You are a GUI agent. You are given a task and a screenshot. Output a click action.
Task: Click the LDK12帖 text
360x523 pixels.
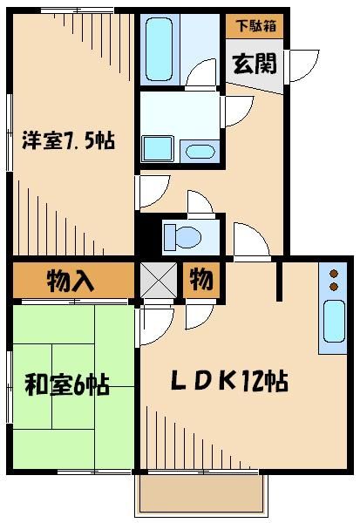(x=229, y=381)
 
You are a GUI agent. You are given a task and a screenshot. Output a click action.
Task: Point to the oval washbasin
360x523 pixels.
(x=200, y=151)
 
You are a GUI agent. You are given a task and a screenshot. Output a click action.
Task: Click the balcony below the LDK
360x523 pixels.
(x=201, y=497)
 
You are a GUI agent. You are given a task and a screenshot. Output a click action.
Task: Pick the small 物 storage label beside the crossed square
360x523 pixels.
(x=202, y=281)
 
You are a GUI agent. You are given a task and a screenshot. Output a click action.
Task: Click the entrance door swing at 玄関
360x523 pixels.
(x=303, y=65)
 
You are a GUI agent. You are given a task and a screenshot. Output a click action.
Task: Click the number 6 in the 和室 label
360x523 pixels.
(x=79, y=384)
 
